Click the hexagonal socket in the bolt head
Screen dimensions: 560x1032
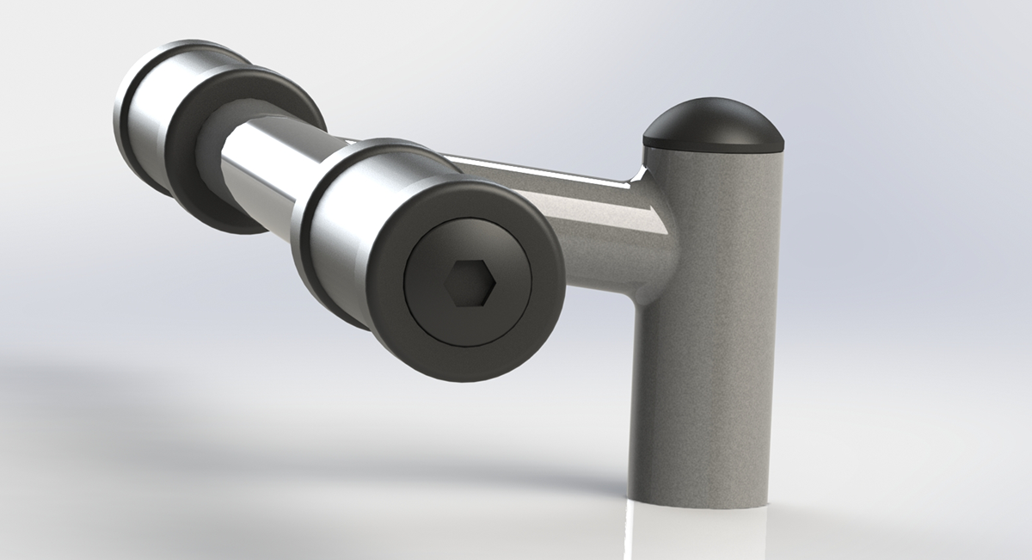click(x=469, y=283)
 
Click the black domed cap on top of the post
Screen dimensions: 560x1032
click(x=714, y=120)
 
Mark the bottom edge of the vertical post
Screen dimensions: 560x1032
click(x=697, y=502)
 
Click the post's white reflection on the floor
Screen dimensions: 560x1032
click(x=697, y=533)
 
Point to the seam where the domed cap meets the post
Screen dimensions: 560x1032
click(x=714, y=147)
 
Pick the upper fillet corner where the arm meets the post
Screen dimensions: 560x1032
click(x=641, y=176)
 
